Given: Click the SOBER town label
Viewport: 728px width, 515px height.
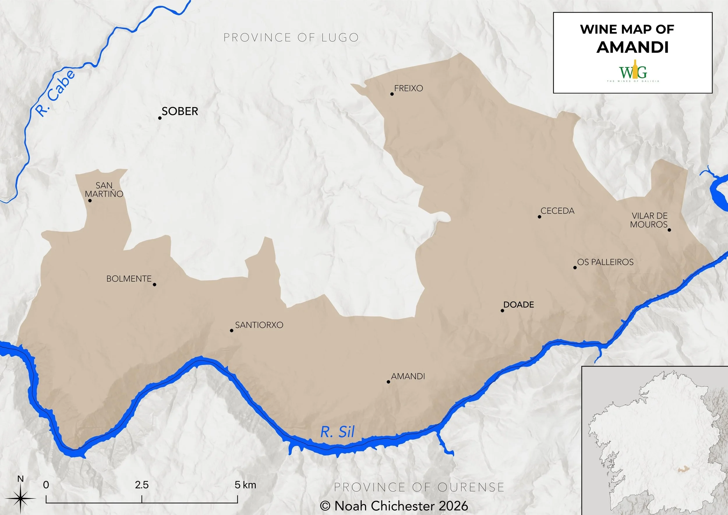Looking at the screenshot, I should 180,111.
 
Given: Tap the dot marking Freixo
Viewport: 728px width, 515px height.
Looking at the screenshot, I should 392,94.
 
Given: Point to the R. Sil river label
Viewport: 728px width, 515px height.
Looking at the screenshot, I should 337,432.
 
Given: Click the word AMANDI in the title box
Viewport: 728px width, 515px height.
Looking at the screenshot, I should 632,47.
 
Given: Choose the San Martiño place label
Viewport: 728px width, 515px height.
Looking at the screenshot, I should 104,190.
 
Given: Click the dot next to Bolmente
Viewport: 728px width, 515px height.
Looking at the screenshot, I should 154,285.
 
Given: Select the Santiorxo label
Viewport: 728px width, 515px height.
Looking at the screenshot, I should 259,325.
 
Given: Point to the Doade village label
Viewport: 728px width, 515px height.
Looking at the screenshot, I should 519,305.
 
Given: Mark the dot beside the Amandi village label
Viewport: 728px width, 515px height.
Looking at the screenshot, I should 388,382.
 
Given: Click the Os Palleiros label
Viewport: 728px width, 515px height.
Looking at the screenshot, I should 605,262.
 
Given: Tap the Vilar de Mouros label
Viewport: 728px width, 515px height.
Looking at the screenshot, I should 649,220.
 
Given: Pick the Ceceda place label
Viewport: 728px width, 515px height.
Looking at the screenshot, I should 557,211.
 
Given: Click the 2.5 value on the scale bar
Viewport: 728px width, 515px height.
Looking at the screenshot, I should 142,485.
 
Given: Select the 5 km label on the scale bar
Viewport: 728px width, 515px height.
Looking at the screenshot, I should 245,485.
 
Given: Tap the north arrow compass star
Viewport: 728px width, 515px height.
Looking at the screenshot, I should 20,500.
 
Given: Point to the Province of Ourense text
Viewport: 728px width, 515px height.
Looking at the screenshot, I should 419,487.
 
